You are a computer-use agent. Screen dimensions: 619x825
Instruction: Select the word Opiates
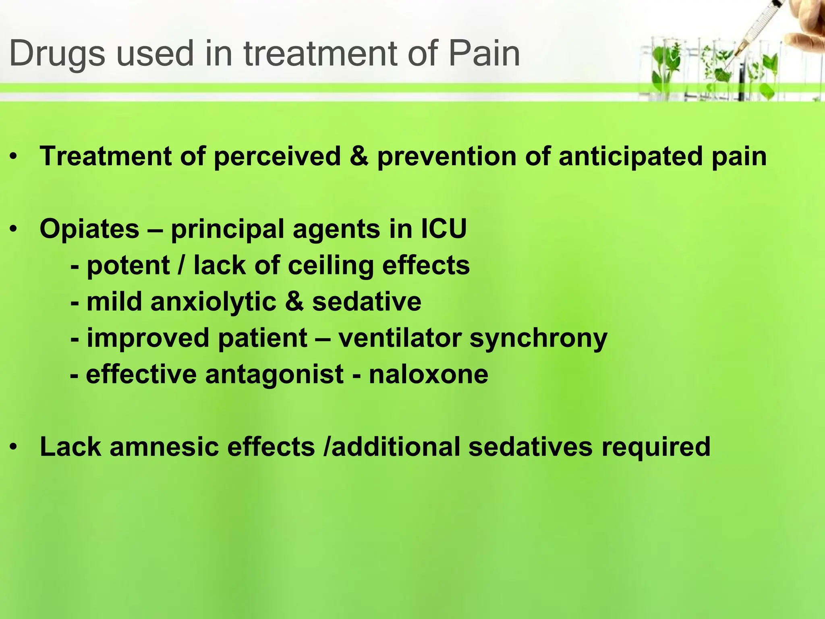tap(89, 229)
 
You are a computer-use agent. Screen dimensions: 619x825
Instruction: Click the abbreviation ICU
tap(444, 229)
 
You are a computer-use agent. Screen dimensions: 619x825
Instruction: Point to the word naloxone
tap(429, 374)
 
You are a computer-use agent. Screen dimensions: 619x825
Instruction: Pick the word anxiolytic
tap(214, 301)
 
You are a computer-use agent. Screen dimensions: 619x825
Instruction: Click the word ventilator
tap(400, 338)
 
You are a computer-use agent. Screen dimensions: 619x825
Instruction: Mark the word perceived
tap(277, 156)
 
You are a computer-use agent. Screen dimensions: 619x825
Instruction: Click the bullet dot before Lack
tap(14, 447)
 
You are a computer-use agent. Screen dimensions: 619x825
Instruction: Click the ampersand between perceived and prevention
tap(359, 156)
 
